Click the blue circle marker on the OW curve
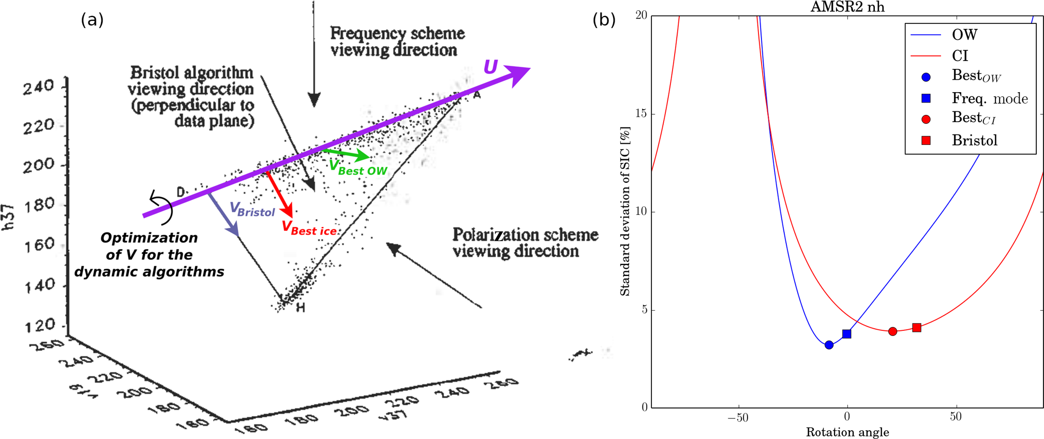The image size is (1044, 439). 829,345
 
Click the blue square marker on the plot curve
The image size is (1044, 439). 847,334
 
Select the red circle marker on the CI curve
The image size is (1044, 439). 892,331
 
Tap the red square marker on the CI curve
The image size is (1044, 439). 917,327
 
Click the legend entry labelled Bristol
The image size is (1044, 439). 974,140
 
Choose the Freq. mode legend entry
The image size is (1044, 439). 989,98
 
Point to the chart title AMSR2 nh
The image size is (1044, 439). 847,7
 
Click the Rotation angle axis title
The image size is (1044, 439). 847,432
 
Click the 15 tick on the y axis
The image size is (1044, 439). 641,113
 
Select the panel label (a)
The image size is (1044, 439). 92,20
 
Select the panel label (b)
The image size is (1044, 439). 604,20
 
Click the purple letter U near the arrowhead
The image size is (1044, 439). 490,67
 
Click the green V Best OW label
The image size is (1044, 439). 358,167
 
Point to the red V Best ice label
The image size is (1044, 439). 309,228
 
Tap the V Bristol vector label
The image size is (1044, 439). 252,210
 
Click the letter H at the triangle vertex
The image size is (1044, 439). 301,308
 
